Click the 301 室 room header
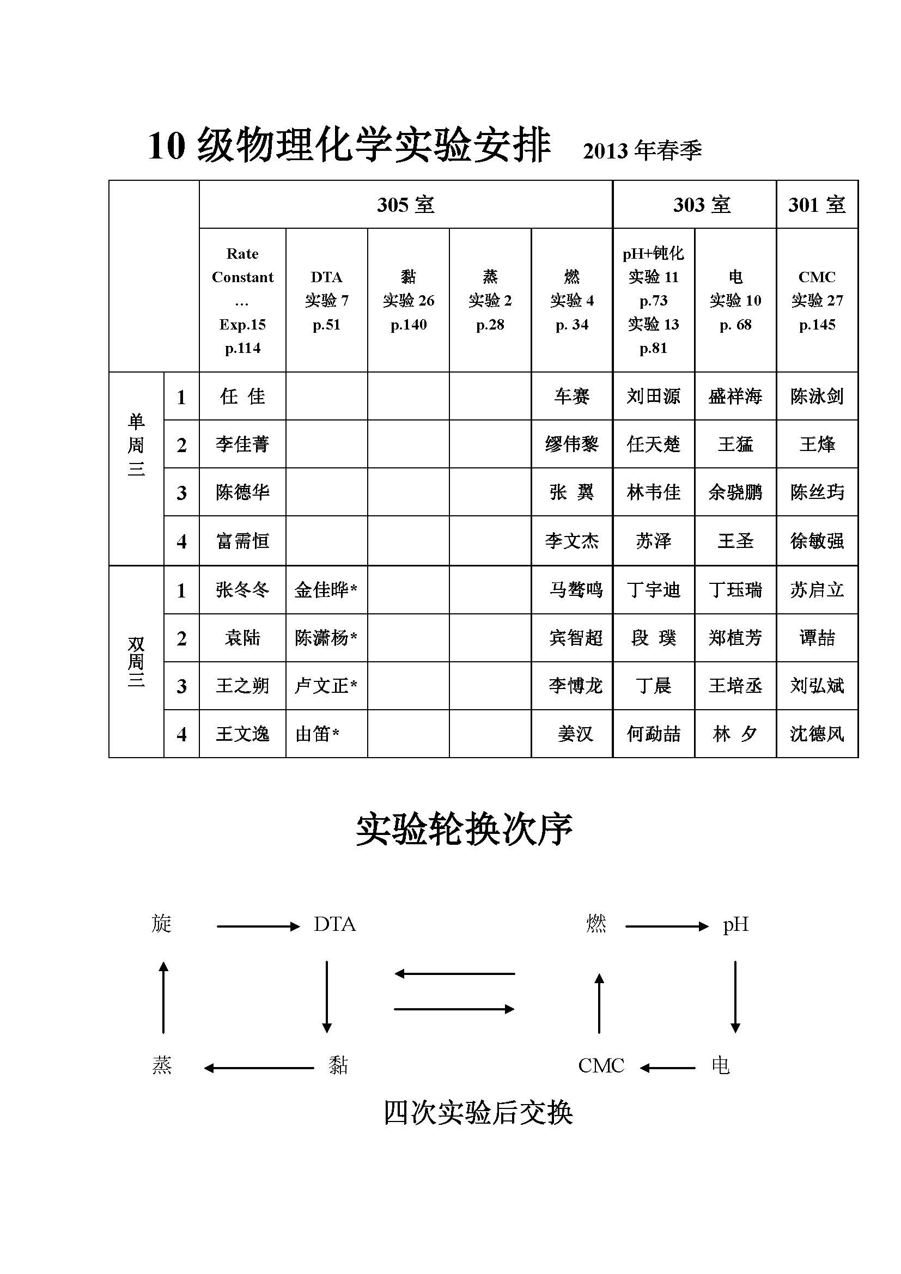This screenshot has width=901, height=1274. click(817, 205)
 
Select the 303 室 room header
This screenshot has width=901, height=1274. click(701, 205)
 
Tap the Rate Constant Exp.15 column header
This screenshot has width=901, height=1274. click(242, 300)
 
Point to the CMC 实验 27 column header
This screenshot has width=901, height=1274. click(817, 300)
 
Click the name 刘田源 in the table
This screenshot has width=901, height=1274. click(653, 396)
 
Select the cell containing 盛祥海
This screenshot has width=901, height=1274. click(735, 396)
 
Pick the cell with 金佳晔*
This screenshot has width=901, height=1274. click(326, 589)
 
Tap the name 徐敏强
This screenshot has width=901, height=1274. click(817, 540)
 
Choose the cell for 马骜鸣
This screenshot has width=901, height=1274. click(575, 589)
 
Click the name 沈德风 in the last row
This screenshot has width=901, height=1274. click(817, 734)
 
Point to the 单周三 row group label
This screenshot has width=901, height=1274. click(136, 445)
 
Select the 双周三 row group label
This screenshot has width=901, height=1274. click(136, 661)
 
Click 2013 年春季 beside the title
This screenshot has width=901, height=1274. click(642, 150)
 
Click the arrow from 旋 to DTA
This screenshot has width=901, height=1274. click(258, 926)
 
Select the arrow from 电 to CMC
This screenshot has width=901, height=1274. click(667, 1067)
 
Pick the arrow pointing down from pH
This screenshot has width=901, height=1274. click(735, 996)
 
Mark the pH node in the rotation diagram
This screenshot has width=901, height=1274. click(735, 924)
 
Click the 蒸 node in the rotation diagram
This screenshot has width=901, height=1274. click(162, 1065)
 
